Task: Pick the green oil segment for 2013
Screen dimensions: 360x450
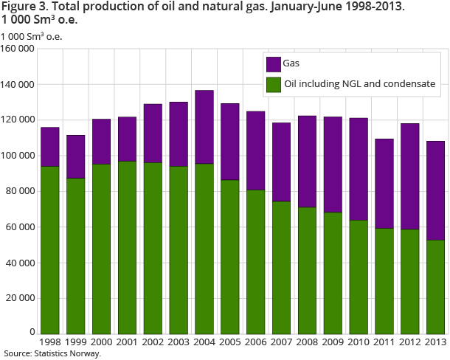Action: pos(435,287)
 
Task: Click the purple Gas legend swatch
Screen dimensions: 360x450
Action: pos(272,64)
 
